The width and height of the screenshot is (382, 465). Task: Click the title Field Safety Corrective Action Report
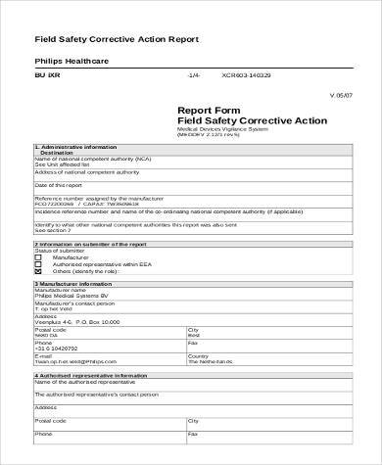pyautogui.click(x=117, y=39)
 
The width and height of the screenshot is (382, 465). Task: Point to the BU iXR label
pyautogui.click(x=48, y=73)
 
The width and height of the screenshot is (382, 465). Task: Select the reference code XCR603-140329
pyautogui.click(x=247, y=74)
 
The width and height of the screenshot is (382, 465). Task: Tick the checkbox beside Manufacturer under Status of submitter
pyautogui.click(x=37, y=257)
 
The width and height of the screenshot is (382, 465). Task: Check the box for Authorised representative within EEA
pyautogui.click(x=37, y=264)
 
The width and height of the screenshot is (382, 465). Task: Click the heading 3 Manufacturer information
pyautogui.click(x=72, y=283)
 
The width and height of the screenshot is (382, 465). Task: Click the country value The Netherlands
pyautogui.click(x=215, y=362)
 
